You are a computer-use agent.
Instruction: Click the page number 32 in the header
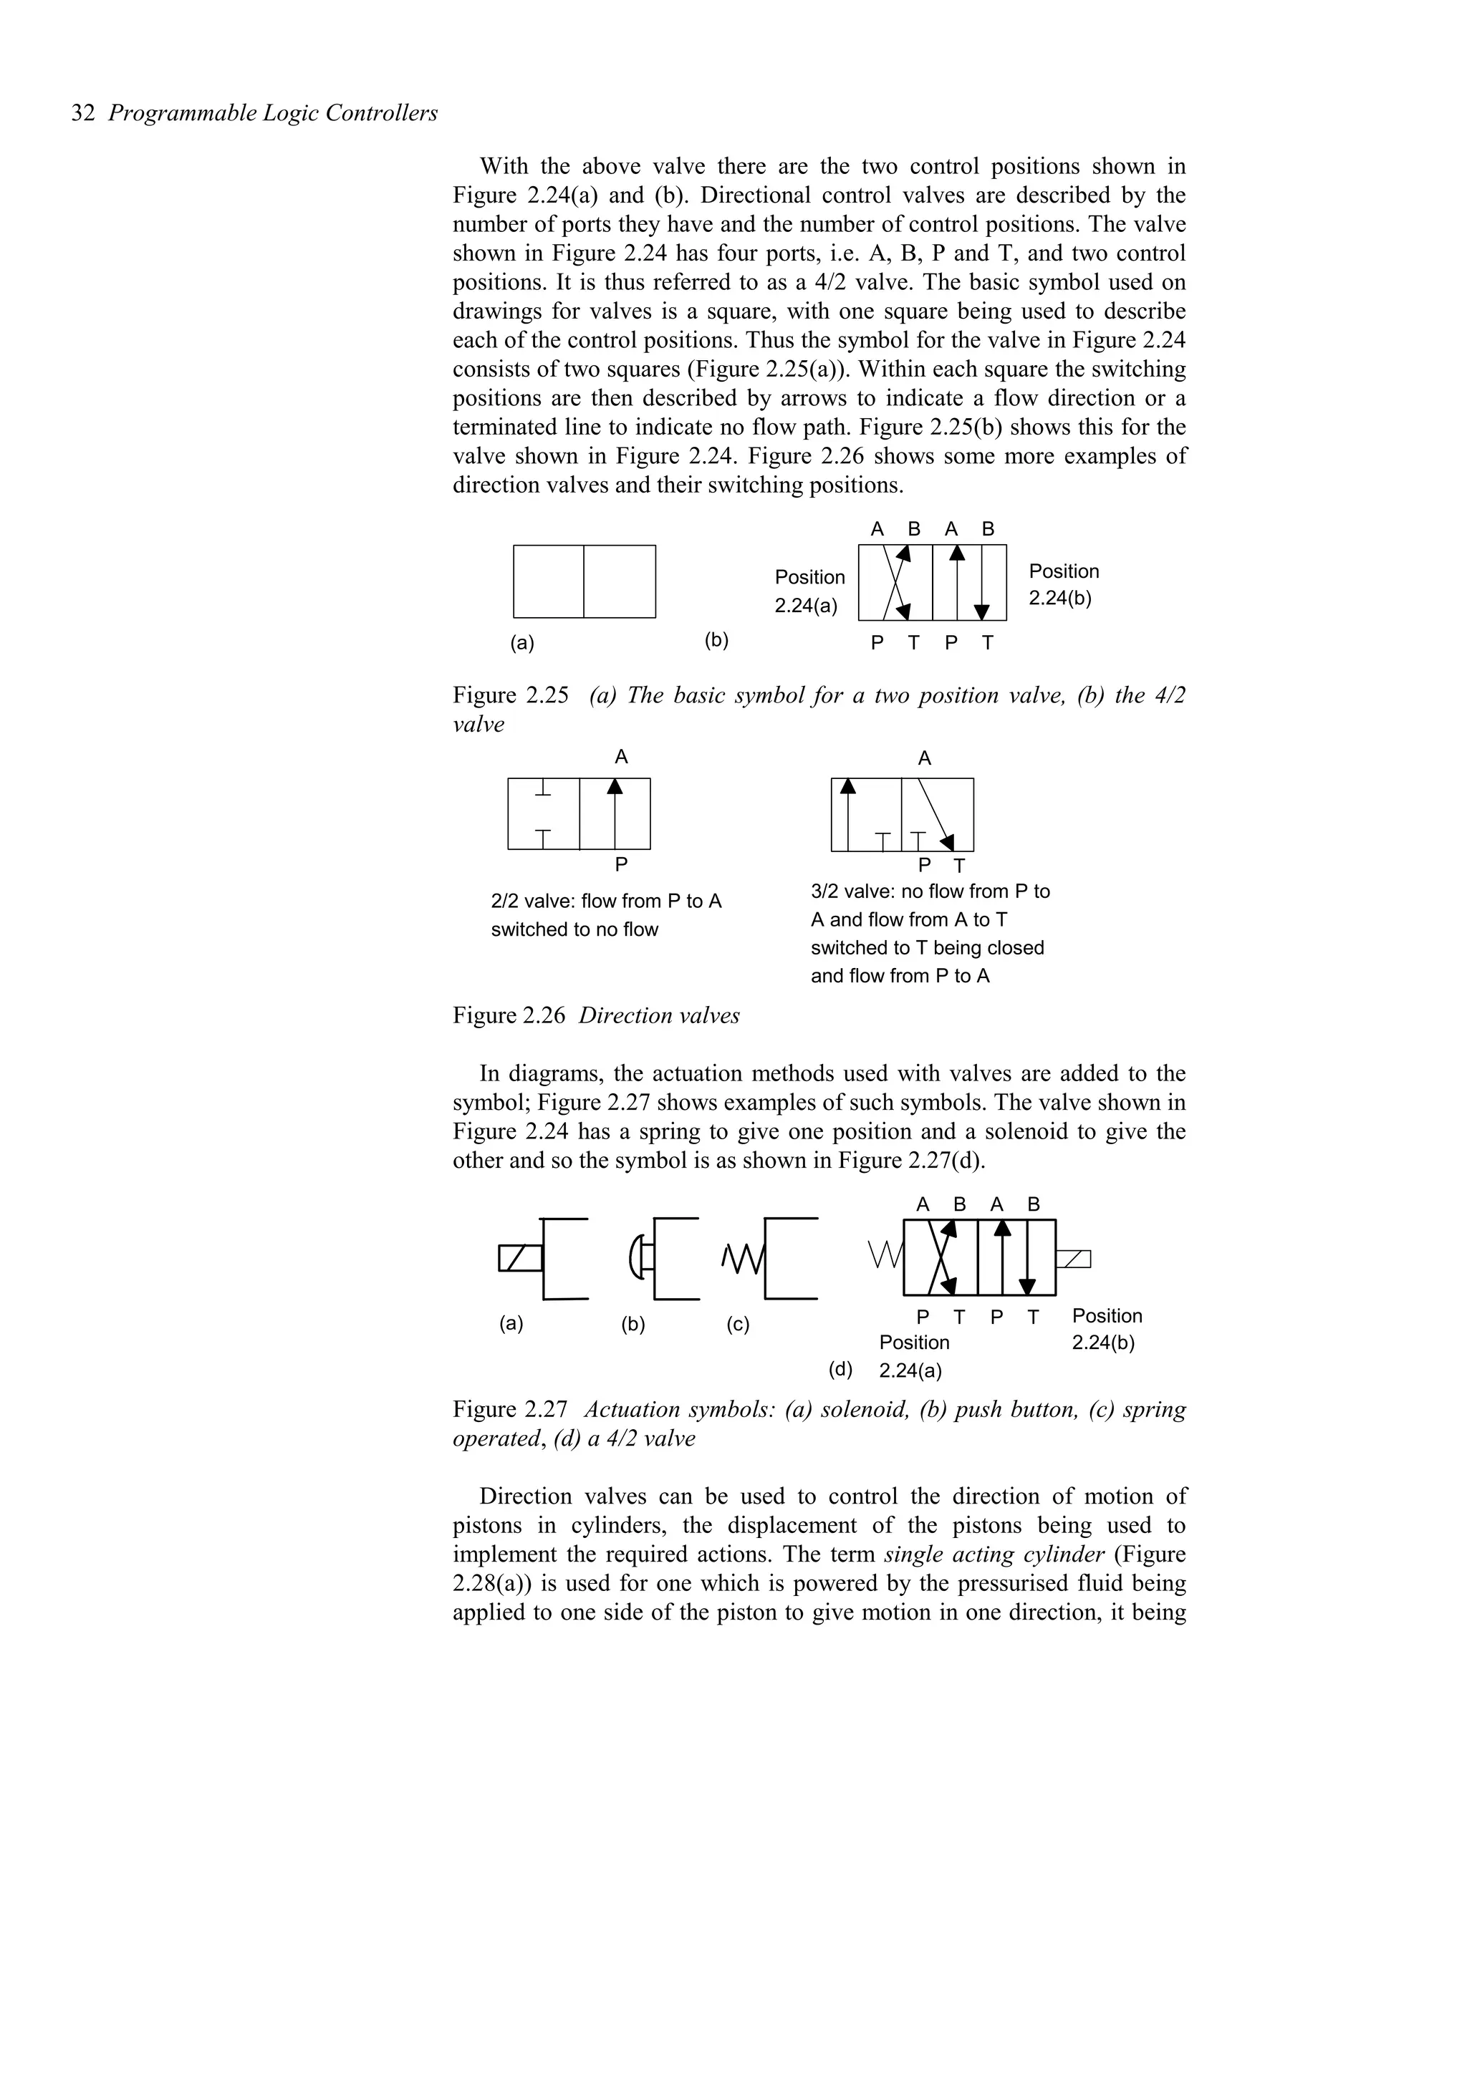[x=82, y=114]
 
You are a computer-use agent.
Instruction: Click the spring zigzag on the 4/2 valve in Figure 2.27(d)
[x=884, y=1255]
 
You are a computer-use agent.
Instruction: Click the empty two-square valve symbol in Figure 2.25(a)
[x=584, y=581]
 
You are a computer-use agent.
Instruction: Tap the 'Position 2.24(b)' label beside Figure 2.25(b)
[x=1064, y=585]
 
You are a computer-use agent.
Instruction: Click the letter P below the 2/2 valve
[x=621, y=865]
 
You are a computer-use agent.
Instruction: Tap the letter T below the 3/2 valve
[x=959, y=866]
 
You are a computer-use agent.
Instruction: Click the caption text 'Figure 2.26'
[x=508, y=1016]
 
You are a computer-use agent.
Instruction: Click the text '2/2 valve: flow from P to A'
[x=605, y=901]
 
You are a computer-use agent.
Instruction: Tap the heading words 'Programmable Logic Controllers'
[x=273, y=114]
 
